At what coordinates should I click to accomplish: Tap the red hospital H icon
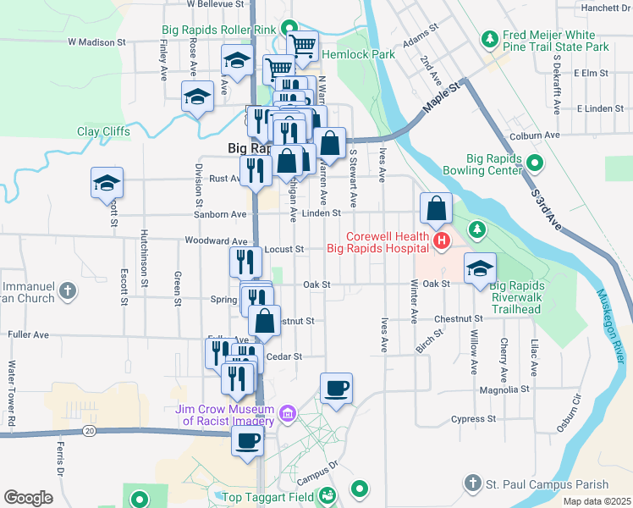coord(441,243)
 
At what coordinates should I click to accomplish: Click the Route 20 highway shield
coord(89,432)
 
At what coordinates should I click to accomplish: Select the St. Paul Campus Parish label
coord(547,484)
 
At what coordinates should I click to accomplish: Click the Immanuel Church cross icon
coord(69,292)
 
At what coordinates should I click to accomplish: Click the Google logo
coord(27,498)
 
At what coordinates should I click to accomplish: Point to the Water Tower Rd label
coord(12,394)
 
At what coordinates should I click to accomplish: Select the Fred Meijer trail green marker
coord(489,39)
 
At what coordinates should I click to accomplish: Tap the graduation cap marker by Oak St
coord(480,269)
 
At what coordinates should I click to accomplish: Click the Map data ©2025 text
coord(596,501)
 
